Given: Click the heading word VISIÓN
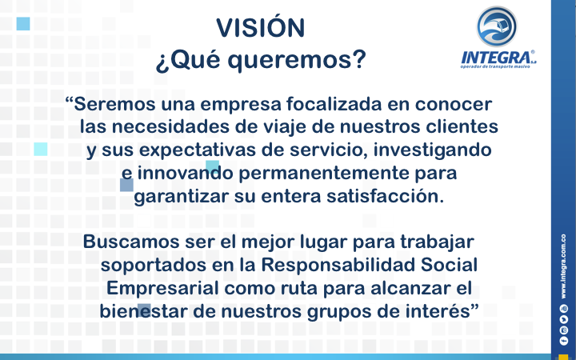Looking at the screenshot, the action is [261, 27].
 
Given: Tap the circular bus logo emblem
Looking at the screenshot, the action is [497, 26].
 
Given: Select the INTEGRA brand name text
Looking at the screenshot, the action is [496, 58].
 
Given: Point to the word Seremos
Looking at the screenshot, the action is [114, 104].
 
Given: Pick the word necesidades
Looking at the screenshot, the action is [170, 126].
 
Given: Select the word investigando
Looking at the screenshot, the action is [432, 150].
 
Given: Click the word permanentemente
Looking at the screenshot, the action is [324, 174].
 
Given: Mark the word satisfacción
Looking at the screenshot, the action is [385, 196].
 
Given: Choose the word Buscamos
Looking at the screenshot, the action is [131, 242].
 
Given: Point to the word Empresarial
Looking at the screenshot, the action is [162, 288].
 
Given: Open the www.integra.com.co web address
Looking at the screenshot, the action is [563, 266].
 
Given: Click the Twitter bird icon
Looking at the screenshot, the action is [563, 319].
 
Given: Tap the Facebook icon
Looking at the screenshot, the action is [563, 341].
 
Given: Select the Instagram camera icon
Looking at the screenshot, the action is [563, 330].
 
